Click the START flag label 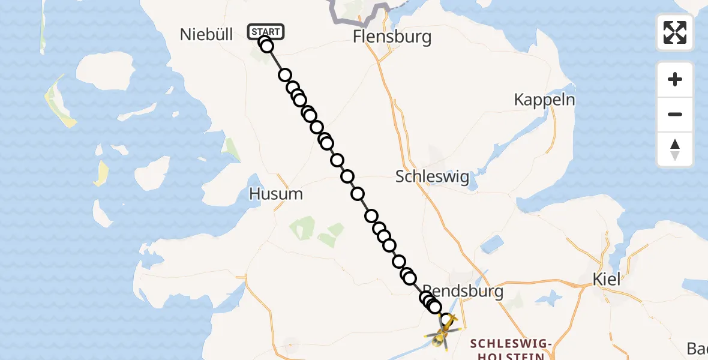[266, 31]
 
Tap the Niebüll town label [206, 35]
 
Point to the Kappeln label [544, 100]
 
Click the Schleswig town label [432, 177]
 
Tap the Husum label [276, 194]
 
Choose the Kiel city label [605, 279]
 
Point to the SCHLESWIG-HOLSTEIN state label [511, 350]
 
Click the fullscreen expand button [675, 32]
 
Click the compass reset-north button [675, 149]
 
